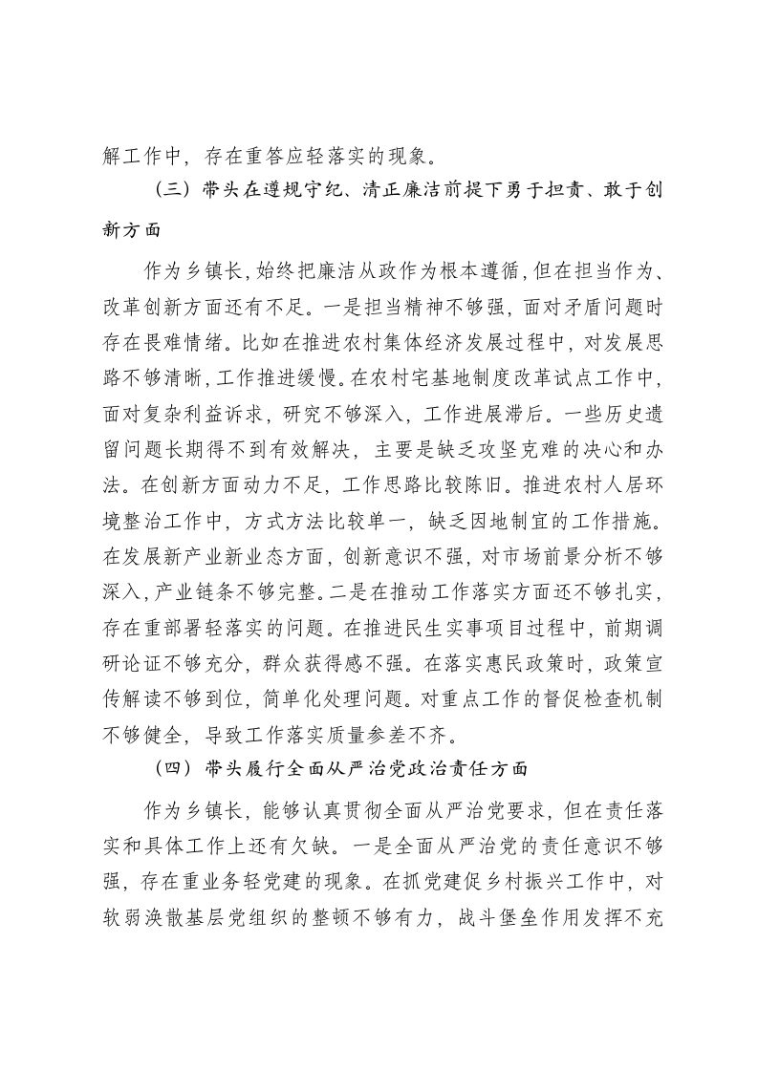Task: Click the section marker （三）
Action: [175, 191]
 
